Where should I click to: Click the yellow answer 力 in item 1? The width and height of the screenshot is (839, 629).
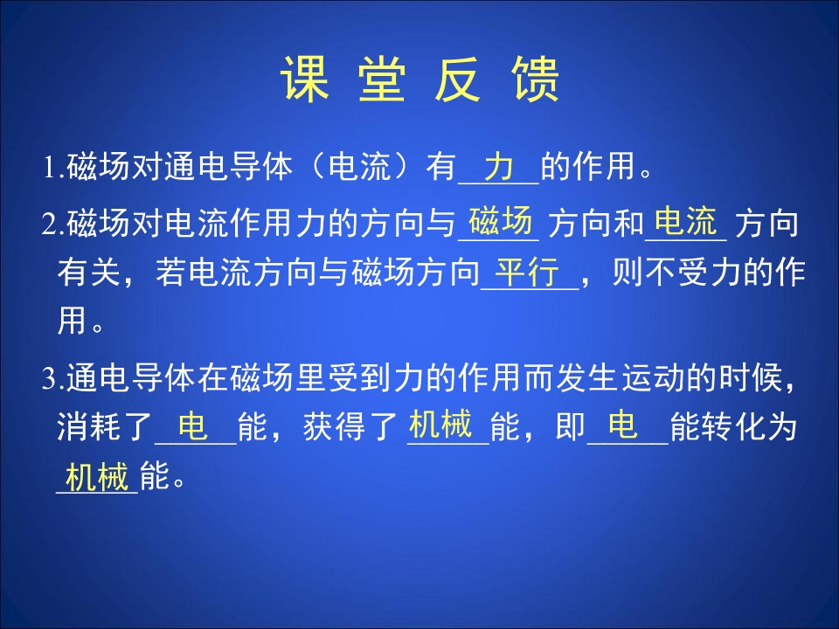pyautogui.click(x=498, y=165)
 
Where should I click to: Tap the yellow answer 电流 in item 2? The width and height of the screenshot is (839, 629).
pyautogui.click(x=686, y=222)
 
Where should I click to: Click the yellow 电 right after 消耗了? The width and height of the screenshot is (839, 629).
pyautogui.click(x=193, y=427)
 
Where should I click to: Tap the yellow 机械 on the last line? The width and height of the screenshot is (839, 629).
pyautogui.click(x=97, y=478)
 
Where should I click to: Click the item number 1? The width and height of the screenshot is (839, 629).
pyautogui.click(x=50, y=168)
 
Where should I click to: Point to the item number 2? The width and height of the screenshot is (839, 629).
pyautogui.click(x=50, y=225)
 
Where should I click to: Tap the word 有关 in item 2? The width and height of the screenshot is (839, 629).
pyautogui.click(x=83, y=274)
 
